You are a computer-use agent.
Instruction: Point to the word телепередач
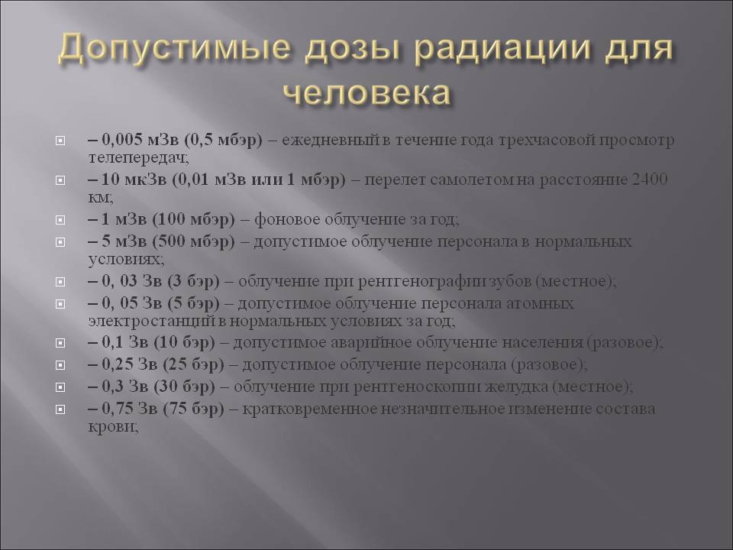click(138, 158)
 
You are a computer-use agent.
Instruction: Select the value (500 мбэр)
click(193, 242)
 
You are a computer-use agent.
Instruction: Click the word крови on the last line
click(112, 427)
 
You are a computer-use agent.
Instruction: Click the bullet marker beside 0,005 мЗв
click(60, 141)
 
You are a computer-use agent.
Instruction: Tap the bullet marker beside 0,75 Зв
click(60, 409)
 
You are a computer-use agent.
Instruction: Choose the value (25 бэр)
click(193, 365)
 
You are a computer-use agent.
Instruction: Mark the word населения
click(543, 343)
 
